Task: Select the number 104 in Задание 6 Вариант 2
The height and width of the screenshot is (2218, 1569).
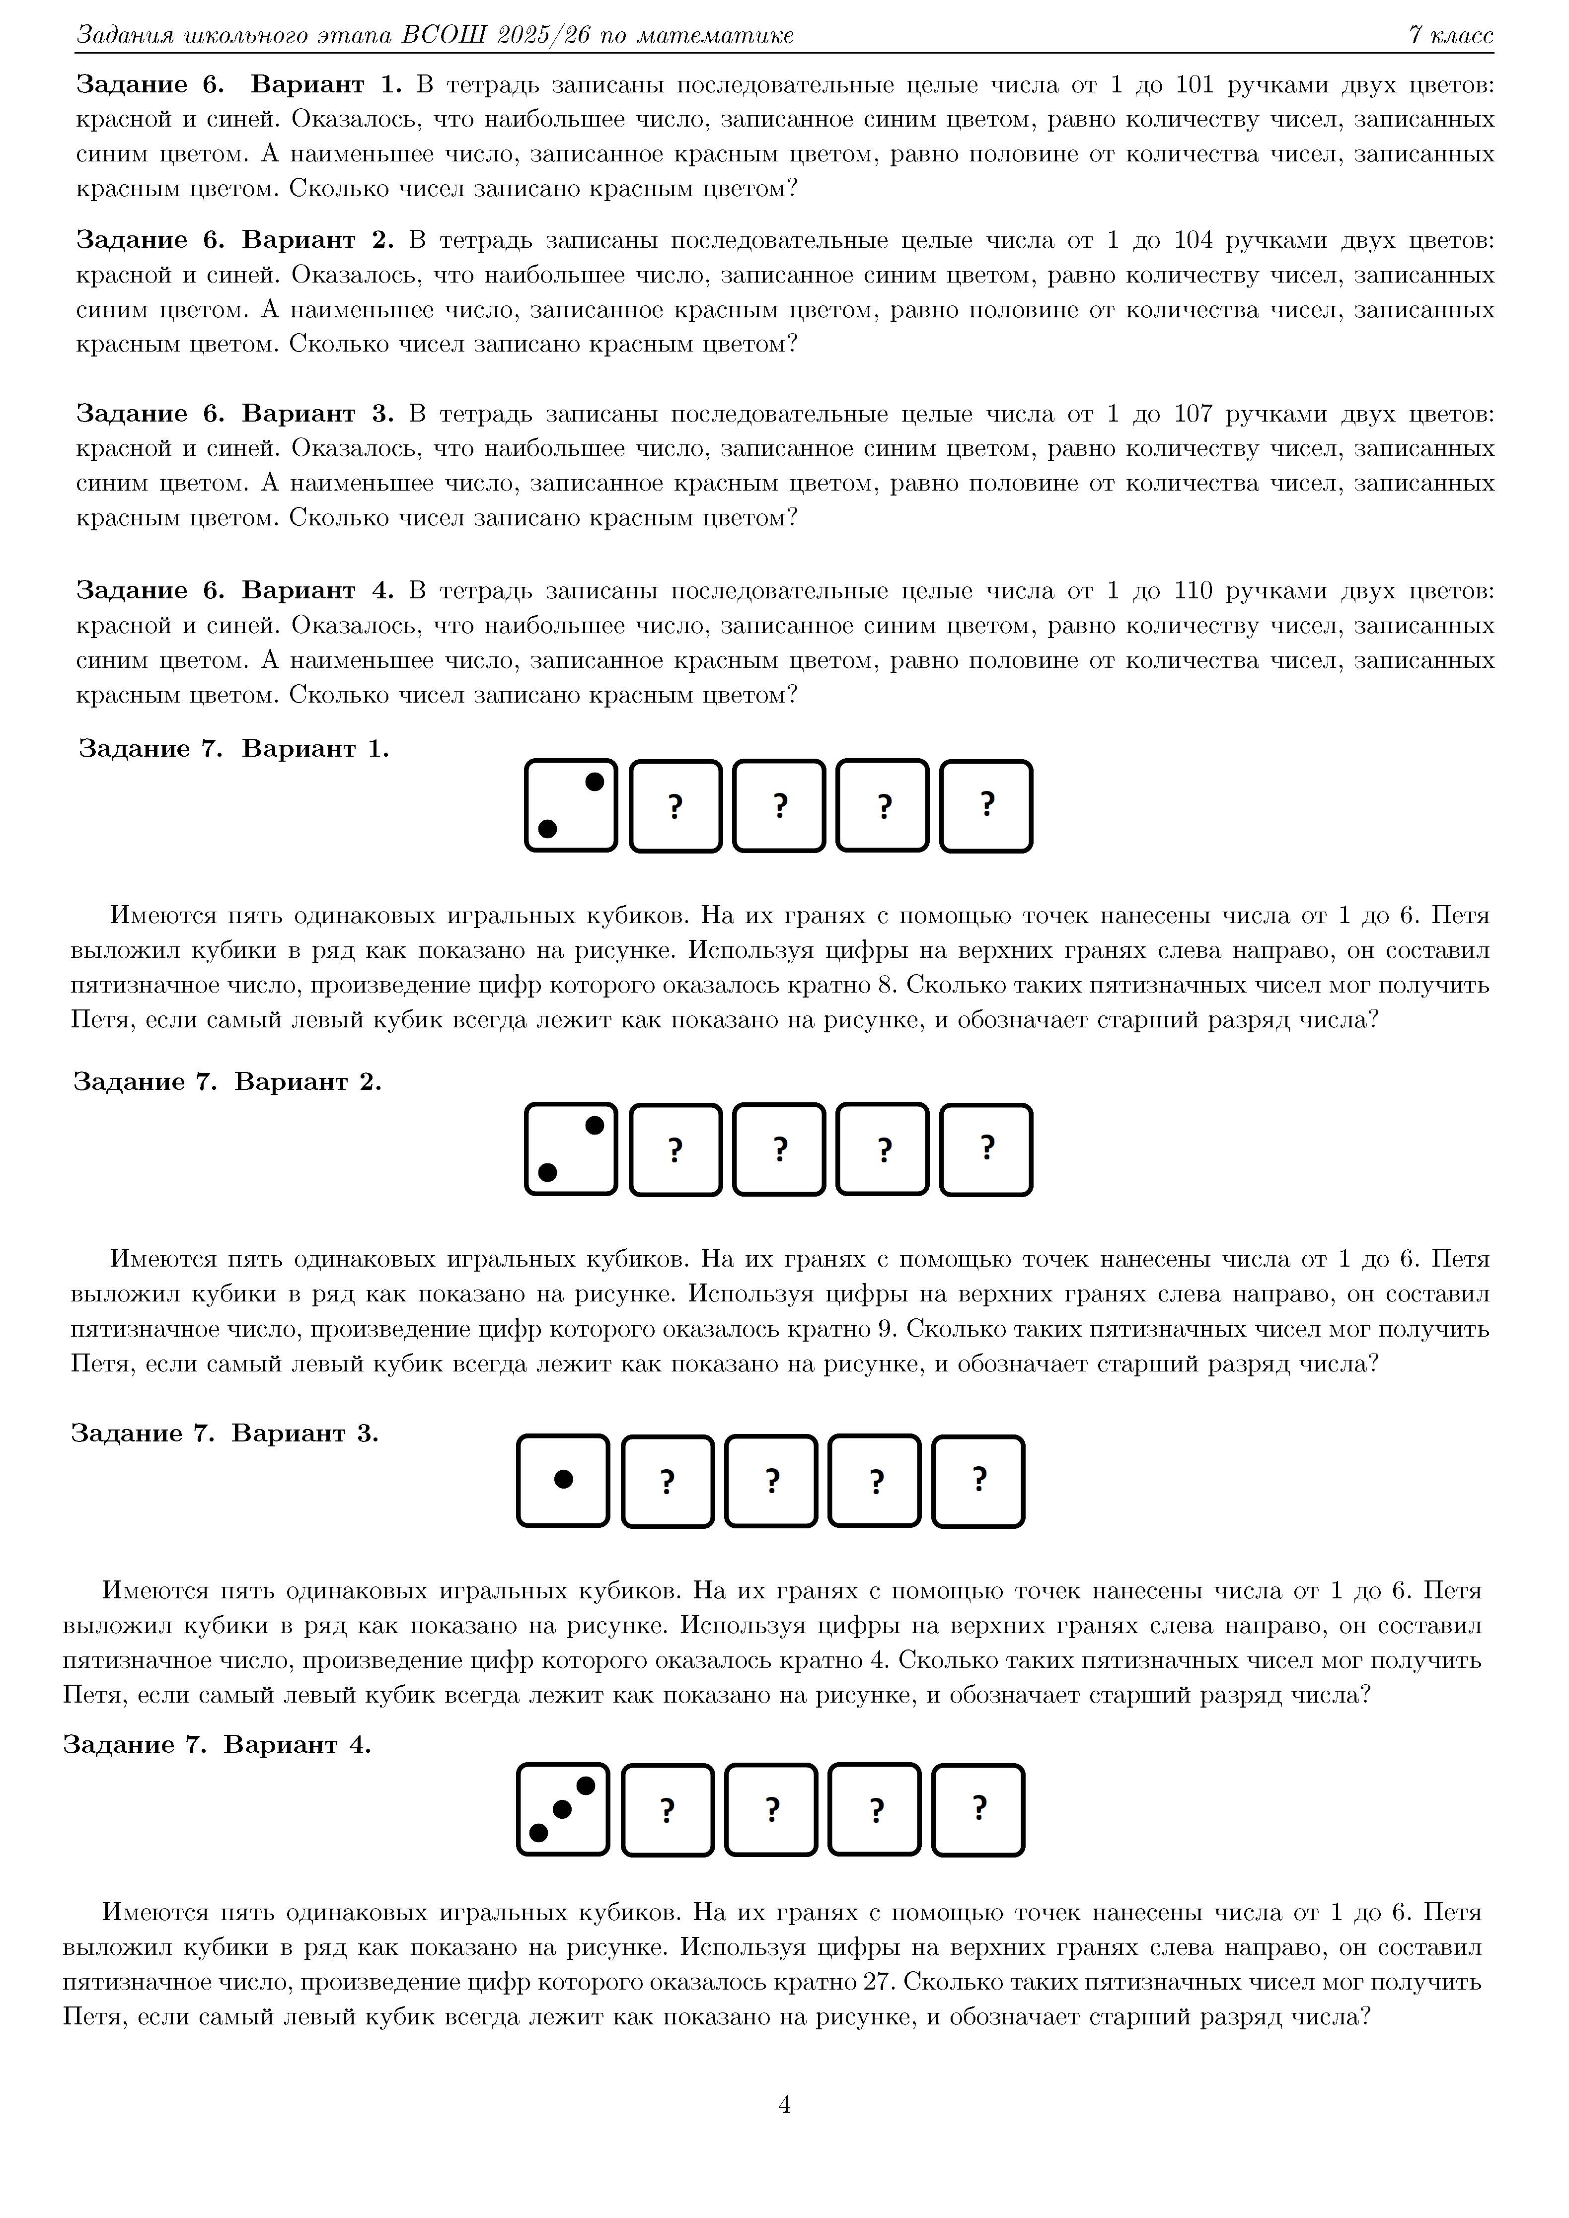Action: [x=1193, y=239]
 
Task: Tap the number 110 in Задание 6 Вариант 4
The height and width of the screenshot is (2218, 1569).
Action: [x=1193, y=590]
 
